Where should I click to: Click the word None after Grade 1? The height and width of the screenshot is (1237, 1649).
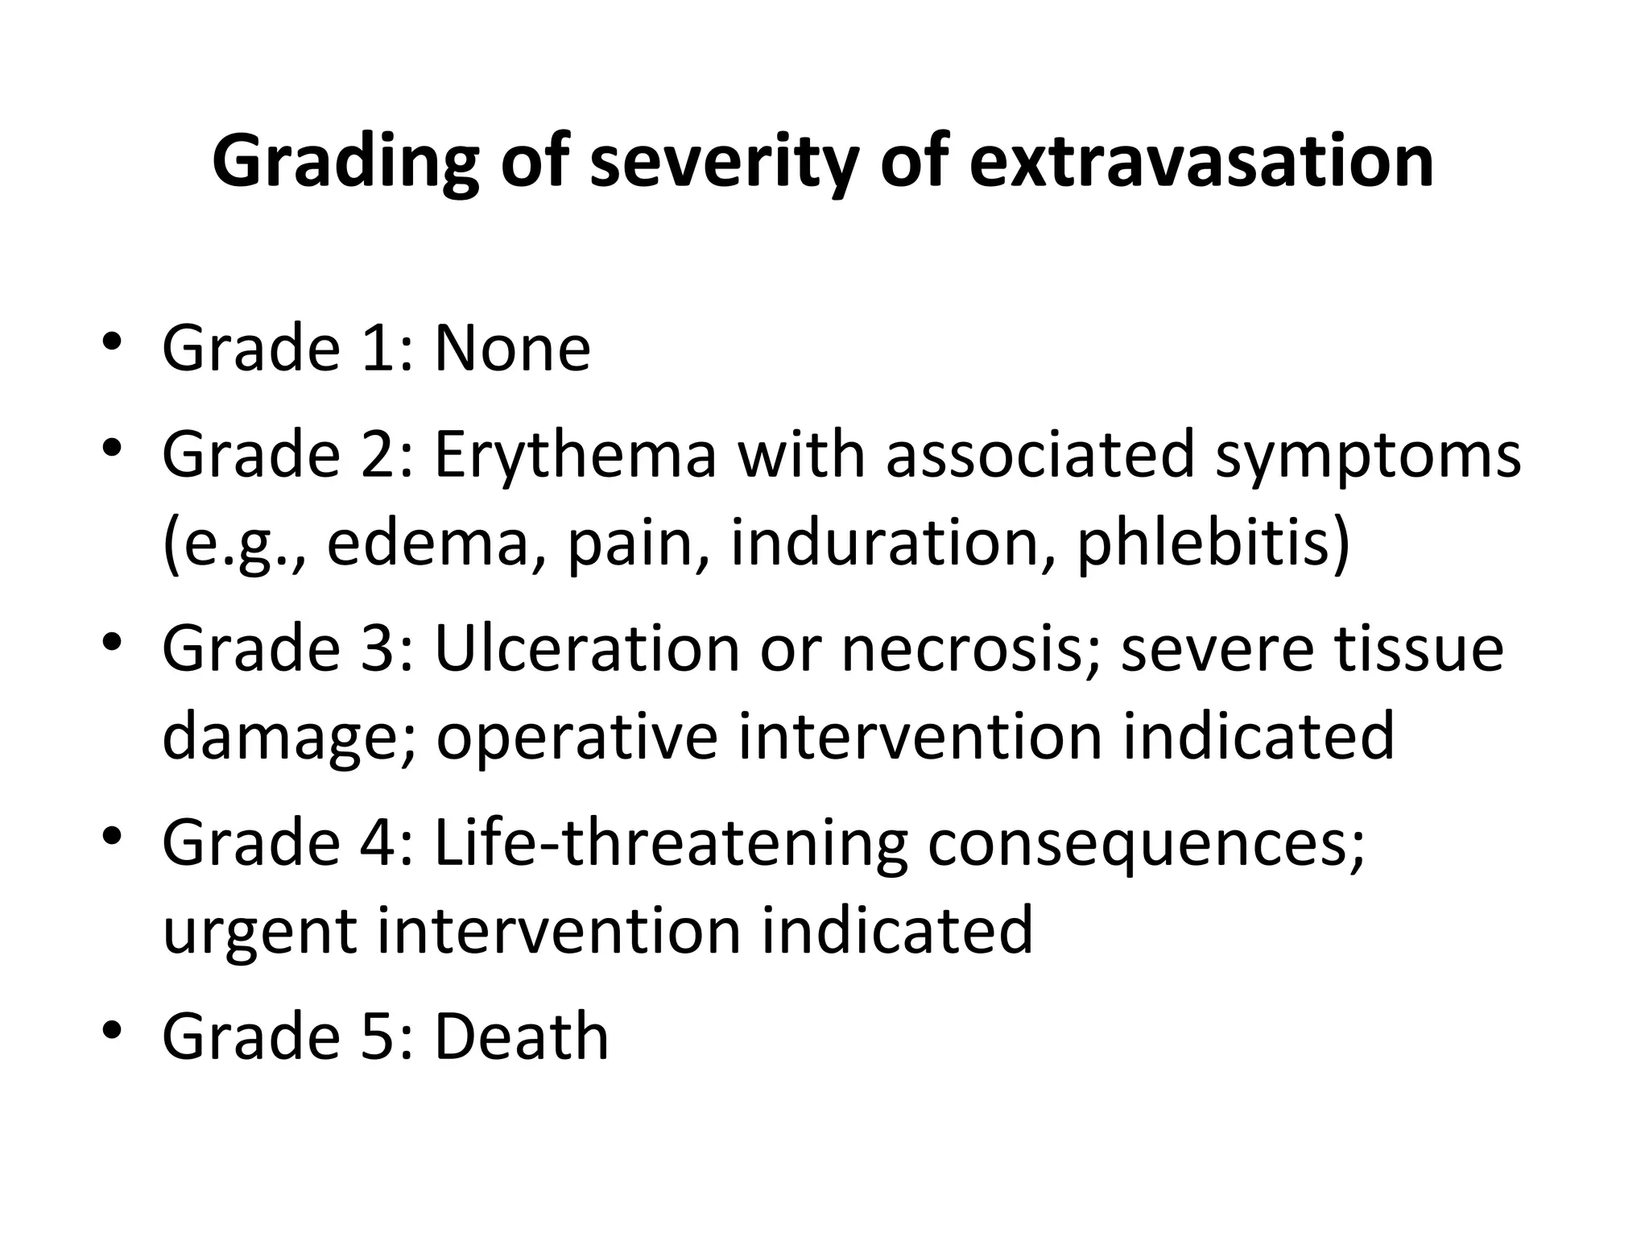click(x=512, y=349)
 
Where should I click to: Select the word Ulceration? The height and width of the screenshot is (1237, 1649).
click(x=586, y=649)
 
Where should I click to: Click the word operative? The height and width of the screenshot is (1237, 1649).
click(x=577, y=736)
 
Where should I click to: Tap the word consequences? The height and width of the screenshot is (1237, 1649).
click(x=1147, y=844)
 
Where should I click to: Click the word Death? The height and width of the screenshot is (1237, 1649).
click(x=521, y=1036)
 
